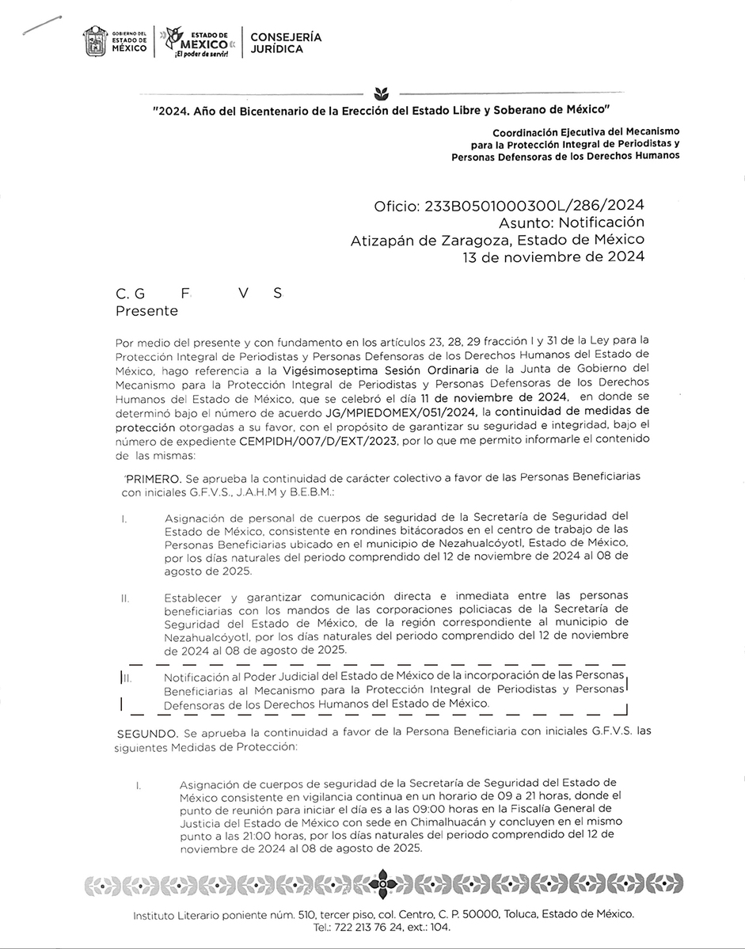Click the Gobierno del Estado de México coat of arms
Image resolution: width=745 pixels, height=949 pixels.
click(95, 41)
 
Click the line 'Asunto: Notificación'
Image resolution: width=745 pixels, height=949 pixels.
click(571, 222)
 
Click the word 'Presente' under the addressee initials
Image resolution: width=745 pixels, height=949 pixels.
click(146, 311)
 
